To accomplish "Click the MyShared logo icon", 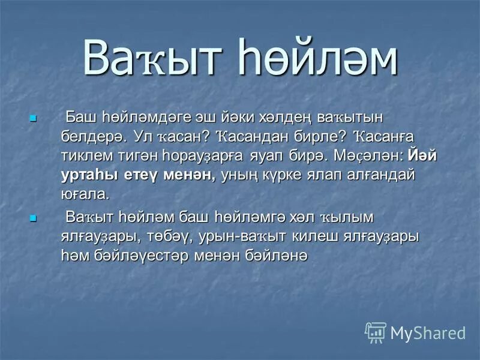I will point(376,332).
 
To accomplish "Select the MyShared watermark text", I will point(428,332).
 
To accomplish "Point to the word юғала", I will point(85,194).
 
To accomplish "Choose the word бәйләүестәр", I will point(140,256).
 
